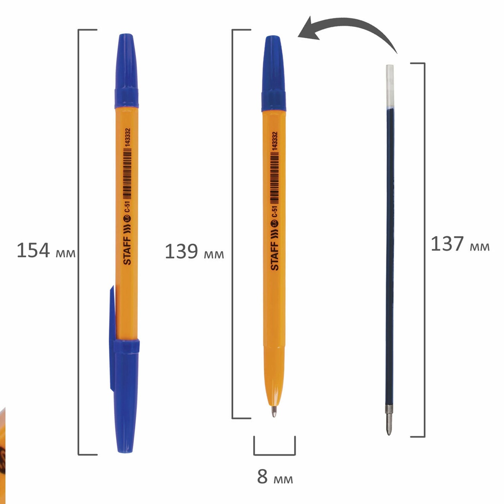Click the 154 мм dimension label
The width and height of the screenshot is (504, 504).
tap(46, 250)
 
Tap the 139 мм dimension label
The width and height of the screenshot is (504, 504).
tap(194, 251)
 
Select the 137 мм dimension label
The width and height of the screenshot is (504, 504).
tap(460, 244)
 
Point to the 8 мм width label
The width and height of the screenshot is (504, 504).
tap(275, 476)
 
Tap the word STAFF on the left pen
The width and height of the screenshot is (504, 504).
tap(127, 251)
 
